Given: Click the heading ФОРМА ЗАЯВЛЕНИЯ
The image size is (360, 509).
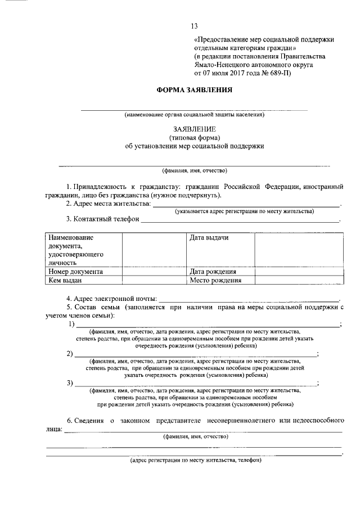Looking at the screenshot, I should (194, 90).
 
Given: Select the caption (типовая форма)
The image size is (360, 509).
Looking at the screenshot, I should (194, 137).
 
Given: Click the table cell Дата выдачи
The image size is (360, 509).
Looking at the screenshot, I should (209, 238).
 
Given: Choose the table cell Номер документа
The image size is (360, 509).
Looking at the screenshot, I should (75, 271).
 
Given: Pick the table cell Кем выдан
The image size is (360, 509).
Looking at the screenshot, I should (65, 280).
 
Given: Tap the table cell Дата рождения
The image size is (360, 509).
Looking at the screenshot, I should (213, 271).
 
